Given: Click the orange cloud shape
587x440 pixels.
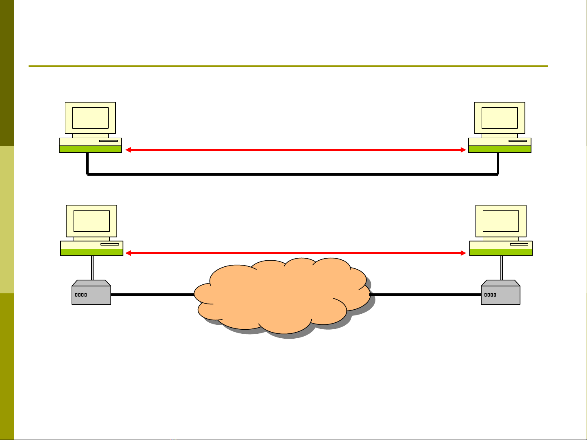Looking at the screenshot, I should [282, 294].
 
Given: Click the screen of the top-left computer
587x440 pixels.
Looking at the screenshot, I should [90, 118].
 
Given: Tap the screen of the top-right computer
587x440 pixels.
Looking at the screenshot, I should [500, 118].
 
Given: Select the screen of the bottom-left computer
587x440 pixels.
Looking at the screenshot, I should [92, 221].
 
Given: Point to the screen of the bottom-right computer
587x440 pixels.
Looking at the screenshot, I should [501, 221].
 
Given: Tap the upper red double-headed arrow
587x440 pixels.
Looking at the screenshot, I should [296, 150].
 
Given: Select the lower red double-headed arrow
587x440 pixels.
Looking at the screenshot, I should [296, 253].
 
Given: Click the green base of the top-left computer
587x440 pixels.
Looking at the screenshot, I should [90, 149].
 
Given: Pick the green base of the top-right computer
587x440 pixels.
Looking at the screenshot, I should [500, 149].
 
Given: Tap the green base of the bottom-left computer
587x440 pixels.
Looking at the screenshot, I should [92, 252].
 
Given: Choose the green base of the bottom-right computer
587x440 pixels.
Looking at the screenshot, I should [501, 252].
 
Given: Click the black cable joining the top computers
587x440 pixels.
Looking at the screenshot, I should [292, 174].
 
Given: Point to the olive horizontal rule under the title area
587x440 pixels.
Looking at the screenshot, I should [288, 66].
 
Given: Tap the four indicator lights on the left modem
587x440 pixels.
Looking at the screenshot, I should [81, 295].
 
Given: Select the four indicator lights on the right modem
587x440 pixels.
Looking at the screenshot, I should [490, 295].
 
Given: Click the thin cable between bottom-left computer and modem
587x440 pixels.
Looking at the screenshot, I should [93, 268].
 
